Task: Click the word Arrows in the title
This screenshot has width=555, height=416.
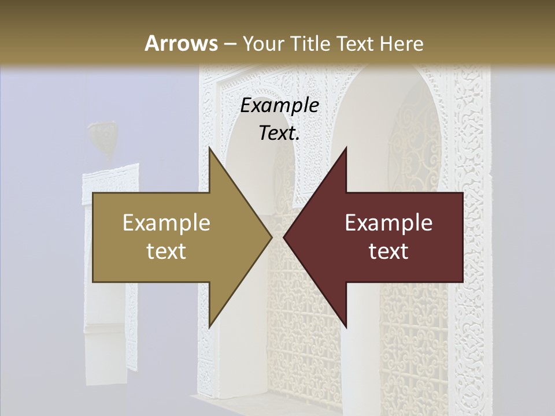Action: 180,43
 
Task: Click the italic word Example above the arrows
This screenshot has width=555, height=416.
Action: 279,106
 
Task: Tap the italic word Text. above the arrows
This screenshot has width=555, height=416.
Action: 279,133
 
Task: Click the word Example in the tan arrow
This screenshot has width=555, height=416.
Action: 166,222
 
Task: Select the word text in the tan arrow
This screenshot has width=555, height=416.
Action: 166,251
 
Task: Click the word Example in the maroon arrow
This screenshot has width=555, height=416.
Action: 388,222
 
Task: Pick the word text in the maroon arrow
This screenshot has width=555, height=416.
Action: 388,251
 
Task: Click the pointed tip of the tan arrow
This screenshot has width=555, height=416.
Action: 272,237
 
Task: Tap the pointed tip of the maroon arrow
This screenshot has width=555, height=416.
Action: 284,237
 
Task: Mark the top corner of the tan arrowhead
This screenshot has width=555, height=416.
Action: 209,147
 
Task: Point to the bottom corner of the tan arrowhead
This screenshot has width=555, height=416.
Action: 209,328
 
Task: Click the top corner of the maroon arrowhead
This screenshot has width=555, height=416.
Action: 346,147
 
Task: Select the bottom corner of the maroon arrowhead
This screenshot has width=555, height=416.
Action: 346,328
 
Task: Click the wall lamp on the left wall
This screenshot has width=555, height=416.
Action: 102,136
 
